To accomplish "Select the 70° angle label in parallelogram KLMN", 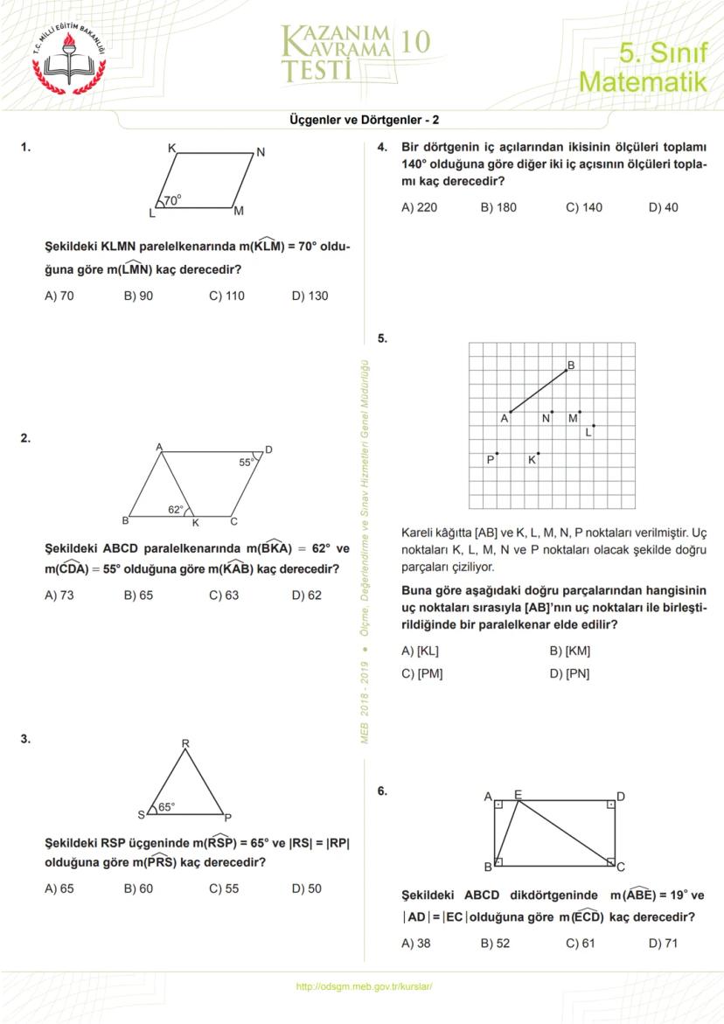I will [172, 199].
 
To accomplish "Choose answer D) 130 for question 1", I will [310, 296].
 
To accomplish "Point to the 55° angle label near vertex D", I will [247, 463].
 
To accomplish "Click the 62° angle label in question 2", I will [176, 509].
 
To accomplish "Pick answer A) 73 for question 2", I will [59, 596].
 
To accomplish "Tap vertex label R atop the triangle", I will [185, 744].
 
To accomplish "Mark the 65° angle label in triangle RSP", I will [166, 807].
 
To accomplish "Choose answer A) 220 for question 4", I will [419, 207].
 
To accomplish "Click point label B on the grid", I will [571, 366].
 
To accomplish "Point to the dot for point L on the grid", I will [594, 425].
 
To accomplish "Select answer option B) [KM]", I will [569, 651].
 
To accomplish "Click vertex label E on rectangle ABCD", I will [518, 794].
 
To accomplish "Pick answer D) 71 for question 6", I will [663, 943].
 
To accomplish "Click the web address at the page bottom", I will [365, 986].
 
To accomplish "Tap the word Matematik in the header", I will [643, 83].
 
